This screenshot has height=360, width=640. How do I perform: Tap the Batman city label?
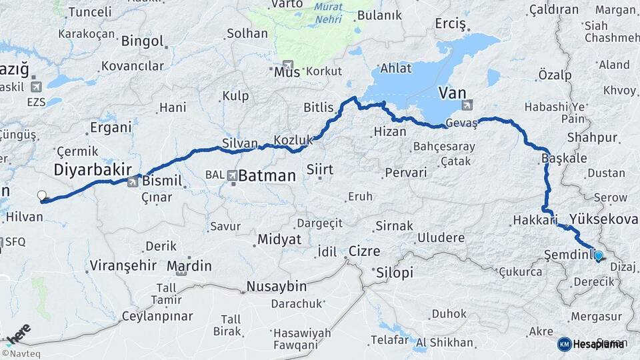pyautogui.click(x=267, y=176)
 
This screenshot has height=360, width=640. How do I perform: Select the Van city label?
pyautogui.click(x=453, y=93)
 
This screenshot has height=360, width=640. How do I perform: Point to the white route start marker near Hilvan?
pyautogui.click(x=42, y=196)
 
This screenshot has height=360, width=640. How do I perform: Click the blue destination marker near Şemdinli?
pyautogui.click(x=598, y=255)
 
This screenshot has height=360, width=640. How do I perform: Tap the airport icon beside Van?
pyautogui.click(x=467, y=104)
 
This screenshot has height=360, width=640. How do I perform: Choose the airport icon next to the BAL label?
pyautogui.click(x=231, y=175)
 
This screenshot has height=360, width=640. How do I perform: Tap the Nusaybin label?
pyautogui.click(x=276, y=287)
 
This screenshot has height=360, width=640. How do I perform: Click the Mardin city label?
pyautogui.click(x=189, y=266)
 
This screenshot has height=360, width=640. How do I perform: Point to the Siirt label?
pyautogui.click(x=319, y=170)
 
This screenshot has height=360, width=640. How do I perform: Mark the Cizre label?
pyautogui.click(x=364, y=251)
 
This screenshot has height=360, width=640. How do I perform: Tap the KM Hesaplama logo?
pyautogui.click(x=592, y=343)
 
